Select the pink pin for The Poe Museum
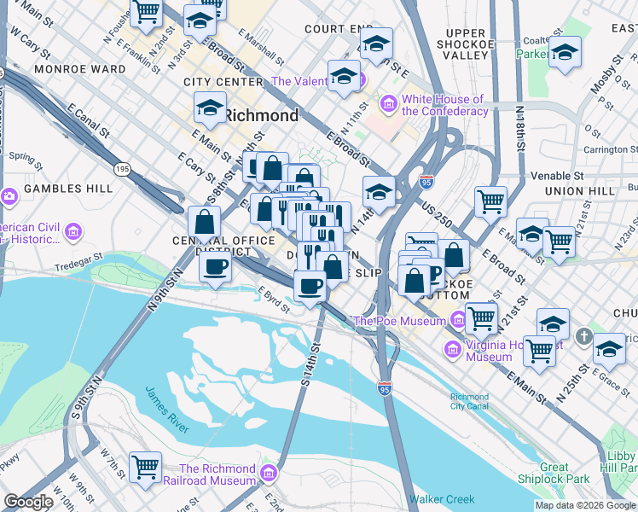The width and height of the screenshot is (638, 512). pos(458,321)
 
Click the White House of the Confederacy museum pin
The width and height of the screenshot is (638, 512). pos(390,104)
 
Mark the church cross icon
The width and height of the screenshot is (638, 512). pos(585,335)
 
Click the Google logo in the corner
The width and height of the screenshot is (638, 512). pos(28,502)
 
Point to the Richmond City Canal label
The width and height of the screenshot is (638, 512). pos(470,402)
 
